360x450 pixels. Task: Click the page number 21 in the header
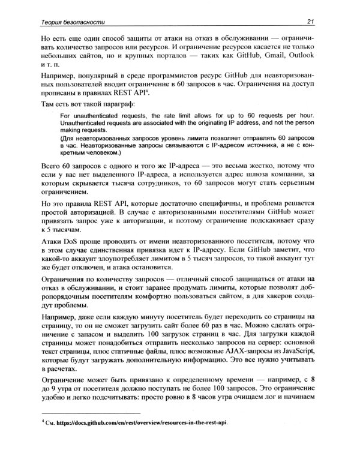click(311, 23)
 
